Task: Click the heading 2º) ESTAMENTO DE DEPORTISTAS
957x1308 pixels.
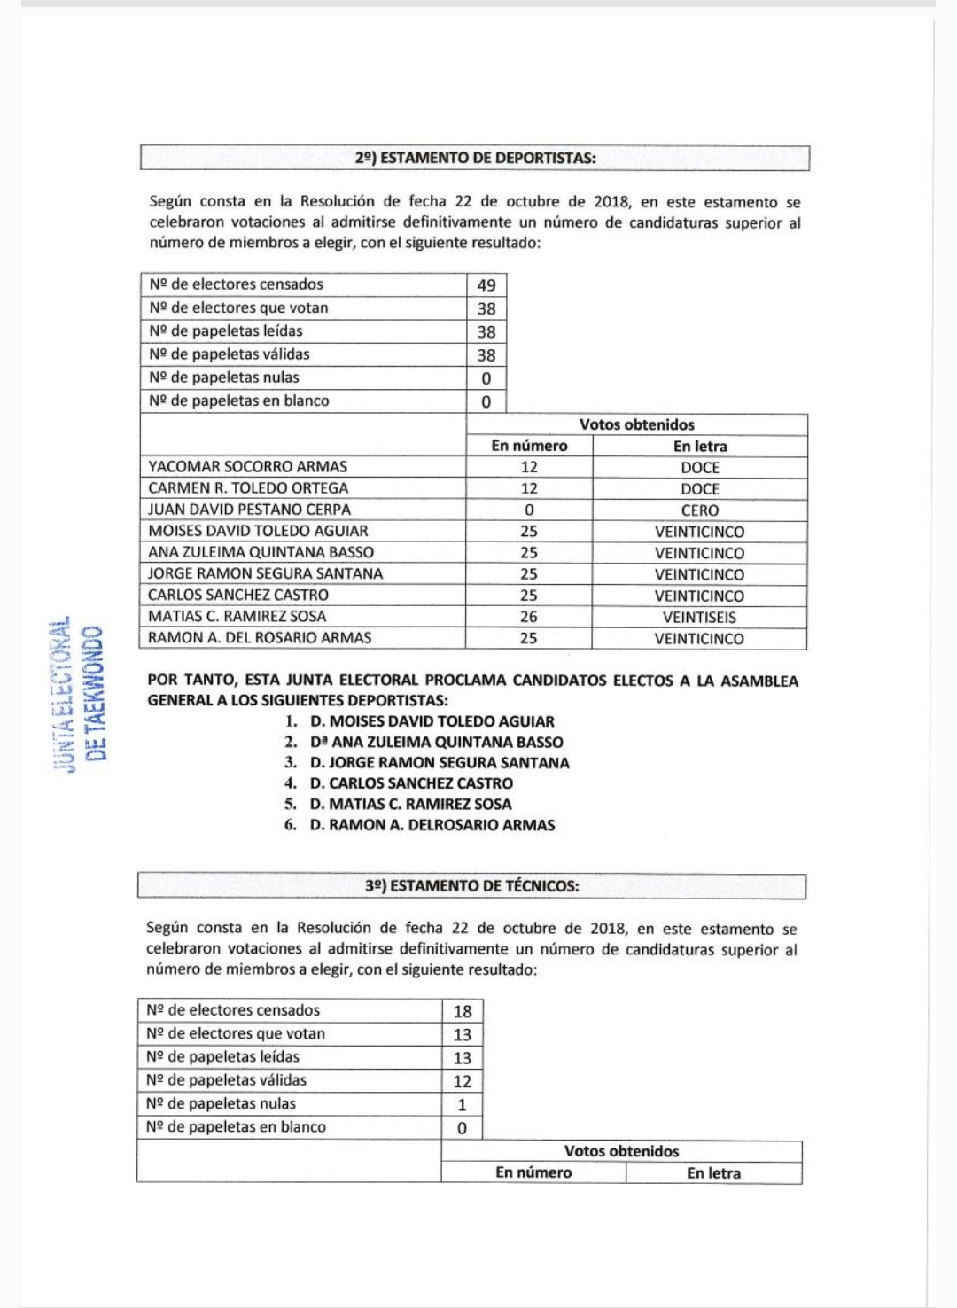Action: click(475, 159)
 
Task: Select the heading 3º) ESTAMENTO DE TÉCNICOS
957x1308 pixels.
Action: click(471, 886)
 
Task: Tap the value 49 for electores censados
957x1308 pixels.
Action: click(486, 285)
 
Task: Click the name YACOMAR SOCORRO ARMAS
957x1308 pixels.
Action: click(248, 467)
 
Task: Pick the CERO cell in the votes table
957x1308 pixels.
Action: click(699, 510)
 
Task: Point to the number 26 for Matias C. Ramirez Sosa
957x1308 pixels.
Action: click(529, 617)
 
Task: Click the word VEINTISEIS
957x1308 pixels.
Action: click(699, 618)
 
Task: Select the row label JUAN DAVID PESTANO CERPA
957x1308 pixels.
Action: click(250, 510)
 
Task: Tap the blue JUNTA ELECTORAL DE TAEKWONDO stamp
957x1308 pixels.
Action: click(81, 694)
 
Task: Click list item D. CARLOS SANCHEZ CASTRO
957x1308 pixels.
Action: click(411, 783)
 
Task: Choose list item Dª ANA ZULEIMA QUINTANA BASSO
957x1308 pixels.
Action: click(436, 743)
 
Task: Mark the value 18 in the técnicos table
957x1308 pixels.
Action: click(463, 1011)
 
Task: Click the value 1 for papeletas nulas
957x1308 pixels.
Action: click(462, 1105)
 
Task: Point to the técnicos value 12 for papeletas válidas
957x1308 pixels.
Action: click(463, 1081)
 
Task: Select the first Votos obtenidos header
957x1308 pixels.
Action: click(637, 424)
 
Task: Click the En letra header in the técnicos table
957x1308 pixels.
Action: click(713, 1173)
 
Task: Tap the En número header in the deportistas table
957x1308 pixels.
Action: click(529, 446)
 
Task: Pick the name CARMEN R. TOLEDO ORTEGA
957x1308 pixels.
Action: click(249, 488)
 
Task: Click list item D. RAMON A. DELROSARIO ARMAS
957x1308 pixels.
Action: click(432, 825)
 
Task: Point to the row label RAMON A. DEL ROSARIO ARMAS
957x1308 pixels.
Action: click(260, 638)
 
